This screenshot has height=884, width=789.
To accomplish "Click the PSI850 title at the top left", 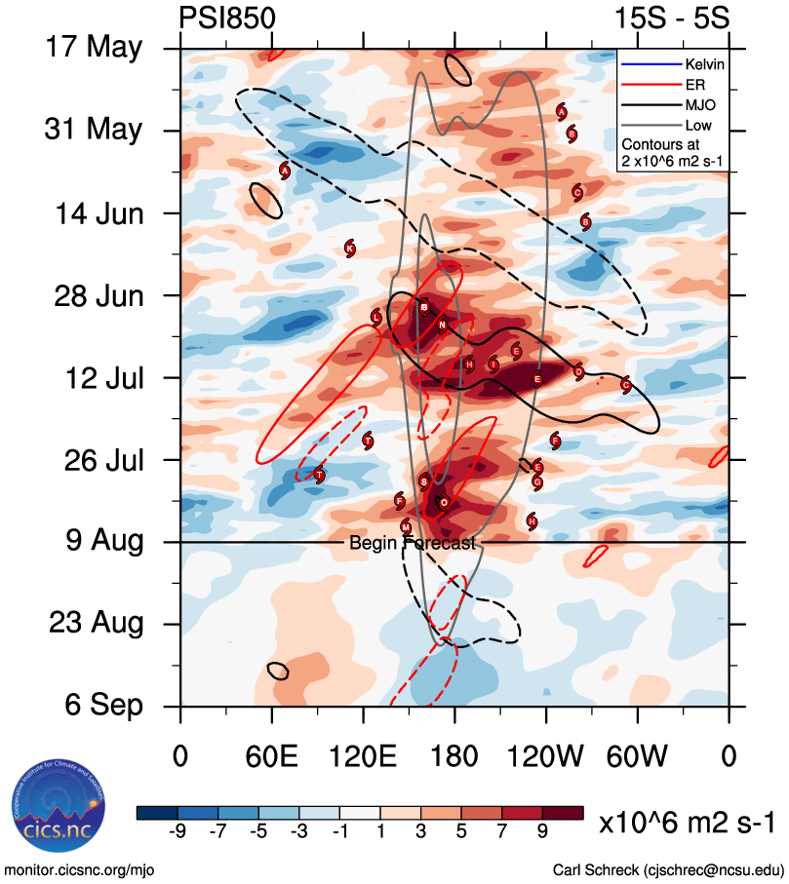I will coord(227,18).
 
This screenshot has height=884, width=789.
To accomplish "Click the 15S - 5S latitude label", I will coord(680,18).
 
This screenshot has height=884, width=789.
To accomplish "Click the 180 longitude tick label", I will coord(454,755).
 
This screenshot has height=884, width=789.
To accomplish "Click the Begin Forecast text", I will coord(413,543).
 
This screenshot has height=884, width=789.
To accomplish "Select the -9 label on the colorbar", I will coord(178,830).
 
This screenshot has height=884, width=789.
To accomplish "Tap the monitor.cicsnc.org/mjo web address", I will coord(80,869).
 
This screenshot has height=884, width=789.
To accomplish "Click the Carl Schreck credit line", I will coord(668,869).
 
